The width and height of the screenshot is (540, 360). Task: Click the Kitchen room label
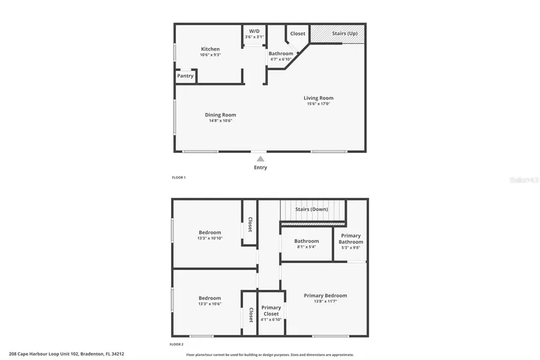pos(210,49)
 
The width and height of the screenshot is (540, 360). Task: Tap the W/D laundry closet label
pos(254,30)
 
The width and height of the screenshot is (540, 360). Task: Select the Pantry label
pos(185,76)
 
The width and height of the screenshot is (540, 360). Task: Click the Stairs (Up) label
pos(345,34)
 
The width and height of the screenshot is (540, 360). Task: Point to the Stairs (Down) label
pos(312,209)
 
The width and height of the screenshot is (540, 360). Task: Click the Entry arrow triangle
pos(260,159)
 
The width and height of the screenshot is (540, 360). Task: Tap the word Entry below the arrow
pos(260,167)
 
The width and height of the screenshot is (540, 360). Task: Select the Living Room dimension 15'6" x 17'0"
pos(318,104)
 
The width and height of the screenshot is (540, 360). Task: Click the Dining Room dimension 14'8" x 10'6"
pos(220,121)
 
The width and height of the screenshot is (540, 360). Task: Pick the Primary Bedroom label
pos(325,295)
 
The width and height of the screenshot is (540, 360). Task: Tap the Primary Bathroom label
pos(351,239)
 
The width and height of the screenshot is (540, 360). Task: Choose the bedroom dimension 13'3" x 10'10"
pos(210,238)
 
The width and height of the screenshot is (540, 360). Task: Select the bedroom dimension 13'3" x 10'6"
pos(210,304)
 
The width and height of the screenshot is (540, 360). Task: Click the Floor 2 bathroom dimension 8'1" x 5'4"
pos(306,247)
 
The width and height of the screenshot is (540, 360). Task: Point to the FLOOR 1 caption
pos(179,178)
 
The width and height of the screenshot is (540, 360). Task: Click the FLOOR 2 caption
pos(176,344)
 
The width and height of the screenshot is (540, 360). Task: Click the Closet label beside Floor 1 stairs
pos(298,34)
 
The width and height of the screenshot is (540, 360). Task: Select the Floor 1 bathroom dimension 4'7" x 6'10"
pos(281,59)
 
